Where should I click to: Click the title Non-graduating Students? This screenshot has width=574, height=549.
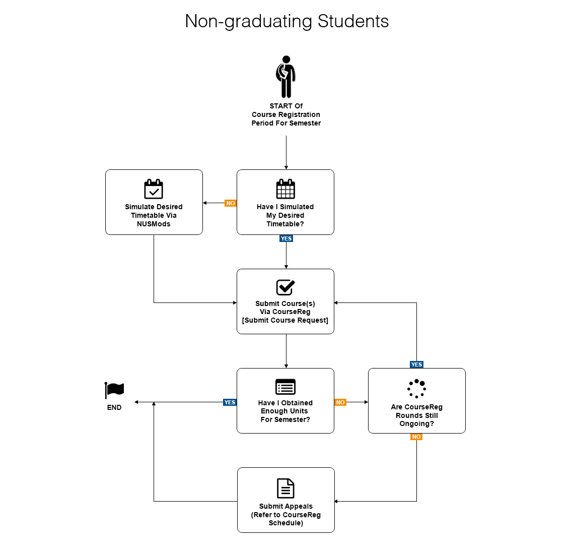[x=286, y=21]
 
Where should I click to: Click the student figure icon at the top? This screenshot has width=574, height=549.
[x=285, y=77]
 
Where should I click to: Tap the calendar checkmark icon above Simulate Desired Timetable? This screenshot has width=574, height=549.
[x=154, y=189]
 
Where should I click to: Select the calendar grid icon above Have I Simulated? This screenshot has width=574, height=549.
[x=285, y=189]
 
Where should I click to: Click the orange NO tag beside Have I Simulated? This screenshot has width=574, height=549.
[x=231, y=203]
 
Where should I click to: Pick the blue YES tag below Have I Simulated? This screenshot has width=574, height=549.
[x=286, y=238]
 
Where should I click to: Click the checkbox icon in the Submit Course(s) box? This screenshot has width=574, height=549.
[x=285, y=287]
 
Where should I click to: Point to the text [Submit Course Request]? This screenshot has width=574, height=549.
[x=285, y=321]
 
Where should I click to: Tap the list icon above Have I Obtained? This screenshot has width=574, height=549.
[x=285, y=387]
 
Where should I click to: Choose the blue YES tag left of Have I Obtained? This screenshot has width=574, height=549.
[x=230, y=402]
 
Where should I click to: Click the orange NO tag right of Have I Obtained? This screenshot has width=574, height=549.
[x=340, y=402]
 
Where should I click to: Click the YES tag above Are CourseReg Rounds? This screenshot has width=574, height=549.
[x=416, y=364]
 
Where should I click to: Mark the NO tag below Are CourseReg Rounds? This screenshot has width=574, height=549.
[x=416, y=437]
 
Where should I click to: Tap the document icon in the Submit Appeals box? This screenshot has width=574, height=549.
[x=285, y=488]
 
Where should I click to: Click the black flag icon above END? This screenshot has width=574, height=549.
[x=114, y=390]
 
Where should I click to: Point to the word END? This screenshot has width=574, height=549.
[x=114, y=407]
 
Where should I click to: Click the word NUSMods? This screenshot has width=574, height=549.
[x=154, y=224]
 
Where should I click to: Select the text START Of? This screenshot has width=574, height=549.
[x=286, y=106]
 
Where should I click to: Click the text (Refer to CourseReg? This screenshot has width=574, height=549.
[x=285, y=515]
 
